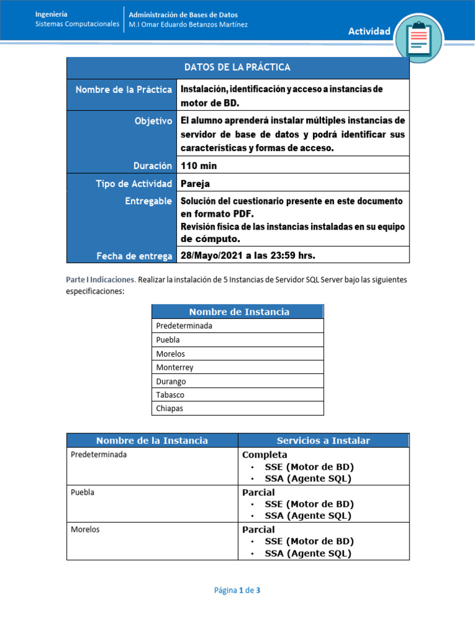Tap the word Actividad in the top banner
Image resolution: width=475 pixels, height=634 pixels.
tap(369, 32)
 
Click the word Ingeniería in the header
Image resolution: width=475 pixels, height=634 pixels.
tap(52, 14)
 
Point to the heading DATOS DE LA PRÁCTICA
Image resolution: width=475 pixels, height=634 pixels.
tap(237, 67)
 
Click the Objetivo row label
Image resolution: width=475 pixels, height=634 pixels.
tap(153, 121)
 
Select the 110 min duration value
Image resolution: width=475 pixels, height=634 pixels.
tap(199, 165)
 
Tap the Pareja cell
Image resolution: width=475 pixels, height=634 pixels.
tap(196, 183)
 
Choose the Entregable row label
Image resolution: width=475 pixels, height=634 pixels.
tap(148, 202)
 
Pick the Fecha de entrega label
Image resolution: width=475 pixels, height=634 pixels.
tap(134, 255)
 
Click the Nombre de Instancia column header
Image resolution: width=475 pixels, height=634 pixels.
tap(239, 312)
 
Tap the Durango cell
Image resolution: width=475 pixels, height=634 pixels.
tap(171, 381)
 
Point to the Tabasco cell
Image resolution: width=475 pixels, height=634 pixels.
tap(170, 395)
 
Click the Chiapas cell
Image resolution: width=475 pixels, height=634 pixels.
tap(169, 409)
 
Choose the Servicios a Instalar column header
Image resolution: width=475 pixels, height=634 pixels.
tap(323, 441)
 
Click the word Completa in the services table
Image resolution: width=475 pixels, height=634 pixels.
tap(265, 455)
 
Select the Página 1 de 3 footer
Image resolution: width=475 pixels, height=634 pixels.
tap(237, 590)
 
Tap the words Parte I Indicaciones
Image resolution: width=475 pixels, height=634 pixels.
tap(100, 280)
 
